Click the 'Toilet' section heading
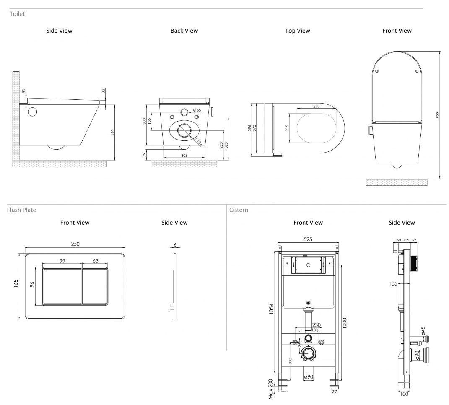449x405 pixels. tap(17, 14)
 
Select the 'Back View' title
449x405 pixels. tap(184, 31)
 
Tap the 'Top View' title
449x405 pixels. tap(297, 31)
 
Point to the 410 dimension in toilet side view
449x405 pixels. tap(112, 132)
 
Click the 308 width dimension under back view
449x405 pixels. tap(184, 156)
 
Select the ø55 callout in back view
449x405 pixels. tap(197, 110)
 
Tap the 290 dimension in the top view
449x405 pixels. tap(317, 106)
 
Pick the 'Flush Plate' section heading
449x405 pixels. tap(21, 210)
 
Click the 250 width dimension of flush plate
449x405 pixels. tap(75, 244)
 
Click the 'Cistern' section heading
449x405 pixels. tap(239, 210)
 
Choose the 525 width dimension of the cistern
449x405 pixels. tap(308, 239)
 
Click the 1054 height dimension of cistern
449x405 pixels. tap(271, 310)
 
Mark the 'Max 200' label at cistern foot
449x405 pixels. tap(270, 389)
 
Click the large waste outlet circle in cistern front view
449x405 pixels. tap(309, 354)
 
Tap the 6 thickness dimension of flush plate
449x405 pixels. tap(174, 244)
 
